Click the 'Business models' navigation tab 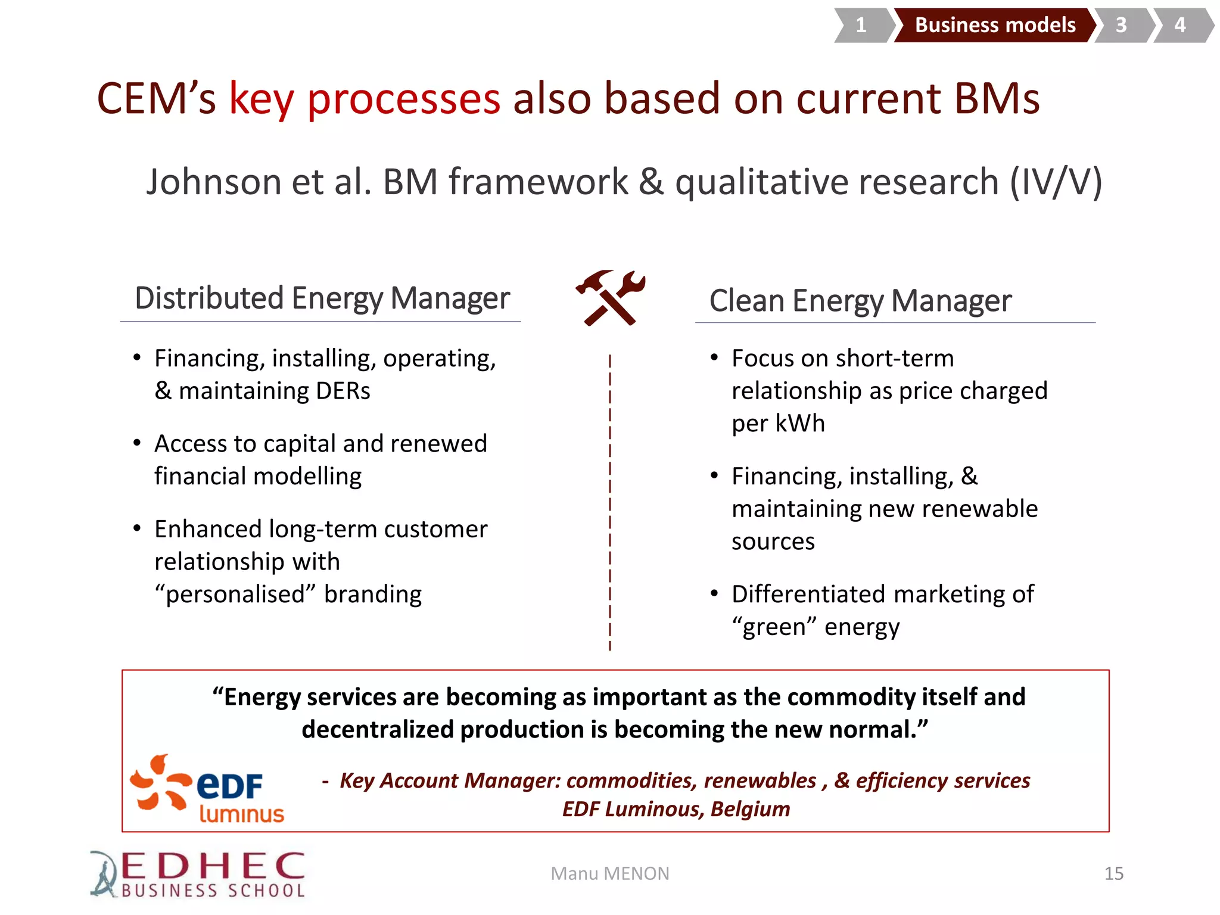tap(995, 25)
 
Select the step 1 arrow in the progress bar tap(861, 25)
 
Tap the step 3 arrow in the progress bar tap(1122, 25)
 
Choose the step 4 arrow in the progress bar tap(1180, 25)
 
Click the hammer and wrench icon tap(611, 298)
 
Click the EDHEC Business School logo tap(198, 874)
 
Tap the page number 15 tap(1113, 873)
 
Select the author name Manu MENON tap(610, 873)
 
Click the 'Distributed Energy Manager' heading tap(322, 298)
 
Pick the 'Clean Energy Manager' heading tap(860, 301)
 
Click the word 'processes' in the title tap(403, 98)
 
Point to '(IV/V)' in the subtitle tap(1056, 182)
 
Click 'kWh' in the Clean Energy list tap(800, 424)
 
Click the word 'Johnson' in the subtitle tap(214, 182)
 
